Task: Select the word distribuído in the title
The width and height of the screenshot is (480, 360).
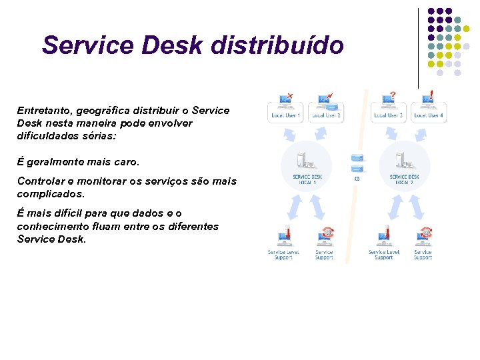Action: click(277, 45)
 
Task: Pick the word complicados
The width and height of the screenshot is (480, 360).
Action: click(51, 194)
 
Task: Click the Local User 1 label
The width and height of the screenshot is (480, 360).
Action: click(285, 115)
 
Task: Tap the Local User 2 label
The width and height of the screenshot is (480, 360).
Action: click(326, 115)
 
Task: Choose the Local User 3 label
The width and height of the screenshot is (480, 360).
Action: click(389, 115)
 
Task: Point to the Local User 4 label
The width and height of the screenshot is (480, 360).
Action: click(428, 115)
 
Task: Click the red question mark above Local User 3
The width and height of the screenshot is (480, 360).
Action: click(393, 95)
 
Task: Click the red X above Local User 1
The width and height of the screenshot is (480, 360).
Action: click(289, 95)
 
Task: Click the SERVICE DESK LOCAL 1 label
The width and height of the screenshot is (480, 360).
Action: click(307, 179)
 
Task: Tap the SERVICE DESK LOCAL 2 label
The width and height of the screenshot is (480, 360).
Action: click(405, 179)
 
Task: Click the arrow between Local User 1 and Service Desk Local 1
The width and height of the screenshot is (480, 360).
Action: click(291, 133)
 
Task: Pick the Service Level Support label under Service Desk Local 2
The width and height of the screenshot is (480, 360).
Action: click(383, 255)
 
